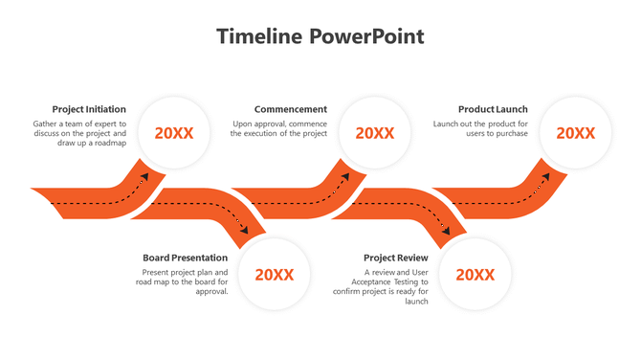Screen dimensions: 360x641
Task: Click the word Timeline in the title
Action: [258, 37]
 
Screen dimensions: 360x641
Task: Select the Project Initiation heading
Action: [89, 109]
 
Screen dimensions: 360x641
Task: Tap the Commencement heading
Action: [291, 109]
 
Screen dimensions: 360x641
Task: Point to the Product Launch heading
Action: [493, 109]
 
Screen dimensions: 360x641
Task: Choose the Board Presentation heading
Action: [186, 258]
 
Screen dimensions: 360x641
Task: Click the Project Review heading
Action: [396, 258]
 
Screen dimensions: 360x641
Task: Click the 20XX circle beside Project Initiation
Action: [174, 133]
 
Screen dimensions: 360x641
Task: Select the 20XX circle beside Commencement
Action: [375, 133]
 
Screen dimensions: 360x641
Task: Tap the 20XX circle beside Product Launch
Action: [576, 133]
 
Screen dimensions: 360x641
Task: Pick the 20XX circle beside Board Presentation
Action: [275, 275]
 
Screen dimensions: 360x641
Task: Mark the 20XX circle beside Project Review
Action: [475, 275]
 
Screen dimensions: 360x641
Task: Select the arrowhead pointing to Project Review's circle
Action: [447, 231]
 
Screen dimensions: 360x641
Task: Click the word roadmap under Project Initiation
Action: [108, 145]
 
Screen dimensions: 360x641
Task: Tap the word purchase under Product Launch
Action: [510, 134]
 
